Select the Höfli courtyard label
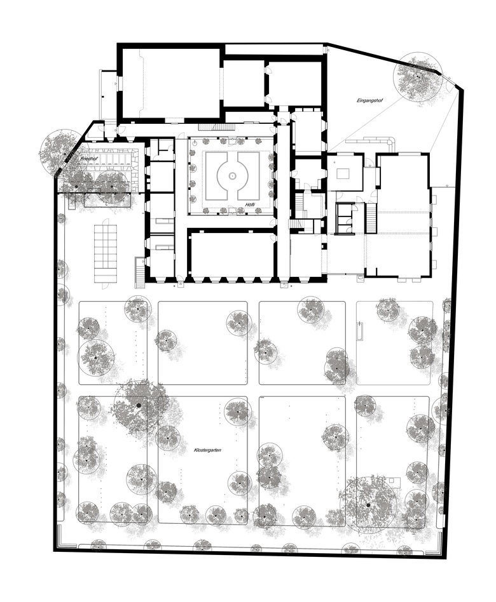251,204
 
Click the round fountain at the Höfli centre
232,175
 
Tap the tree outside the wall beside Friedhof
59,150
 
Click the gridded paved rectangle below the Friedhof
106,254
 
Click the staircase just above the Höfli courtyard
216,127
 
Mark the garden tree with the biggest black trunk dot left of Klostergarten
139,405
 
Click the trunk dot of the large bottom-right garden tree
368,505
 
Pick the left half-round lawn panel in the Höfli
217,175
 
